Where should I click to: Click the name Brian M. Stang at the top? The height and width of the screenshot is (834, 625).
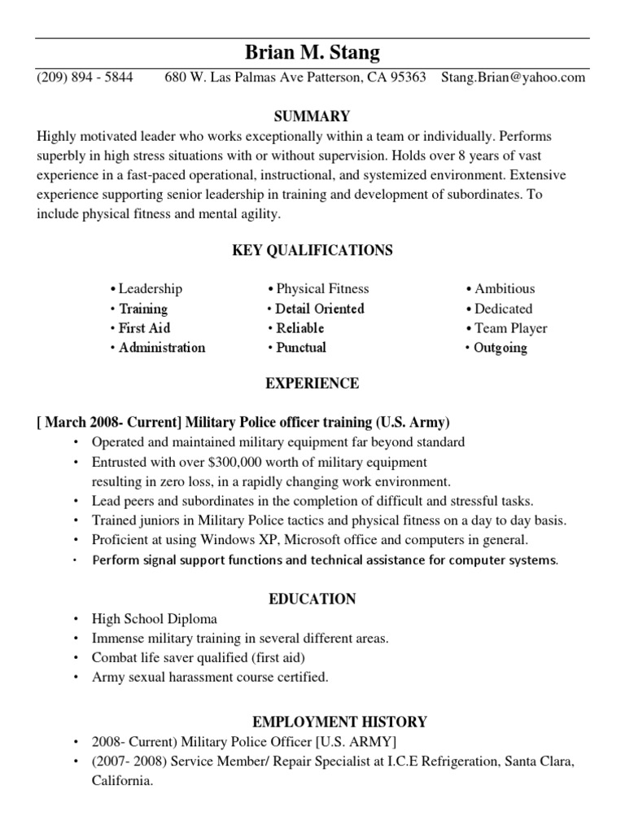coord(312,54)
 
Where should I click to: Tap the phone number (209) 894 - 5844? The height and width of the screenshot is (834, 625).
coord(85,78)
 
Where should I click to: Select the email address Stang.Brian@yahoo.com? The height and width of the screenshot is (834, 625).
coord(513,78)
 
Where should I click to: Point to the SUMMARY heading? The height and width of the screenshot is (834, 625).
coord(312,116)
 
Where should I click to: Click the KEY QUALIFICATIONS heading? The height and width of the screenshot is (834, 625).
coord(312,251)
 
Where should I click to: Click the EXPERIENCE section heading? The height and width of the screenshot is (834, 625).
coord(312,384)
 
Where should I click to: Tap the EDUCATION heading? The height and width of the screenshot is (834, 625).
coord(312,599)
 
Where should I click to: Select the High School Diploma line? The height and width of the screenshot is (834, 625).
coord(155,619)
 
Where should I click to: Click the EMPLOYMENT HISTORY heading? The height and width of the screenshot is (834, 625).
coord(339,722)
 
